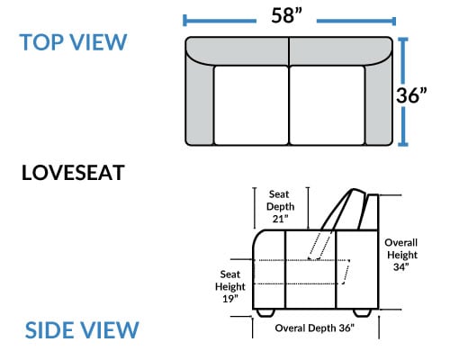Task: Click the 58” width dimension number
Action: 286,15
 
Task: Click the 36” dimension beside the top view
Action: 411,95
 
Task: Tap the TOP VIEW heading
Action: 73,42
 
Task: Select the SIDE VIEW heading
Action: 82,330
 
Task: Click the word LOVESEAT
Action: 73,173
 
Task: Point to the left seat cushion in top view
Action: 251,105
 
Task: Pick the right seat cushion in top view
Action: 327,105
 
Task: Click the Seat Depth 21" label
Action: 280,207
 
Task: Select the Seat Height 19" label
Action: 230,286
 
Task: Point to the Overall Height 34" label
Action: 401,255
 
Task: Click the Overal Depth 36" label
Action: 314,328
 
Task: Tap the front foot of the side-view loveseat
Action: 265,313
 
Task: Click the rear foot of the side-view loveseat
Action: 363,313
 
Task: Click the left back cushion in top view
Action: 237,50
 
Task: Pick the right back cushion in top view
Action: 341,50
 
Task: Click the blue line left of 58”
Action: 220,21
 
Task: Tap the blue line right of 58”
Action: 356,21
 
